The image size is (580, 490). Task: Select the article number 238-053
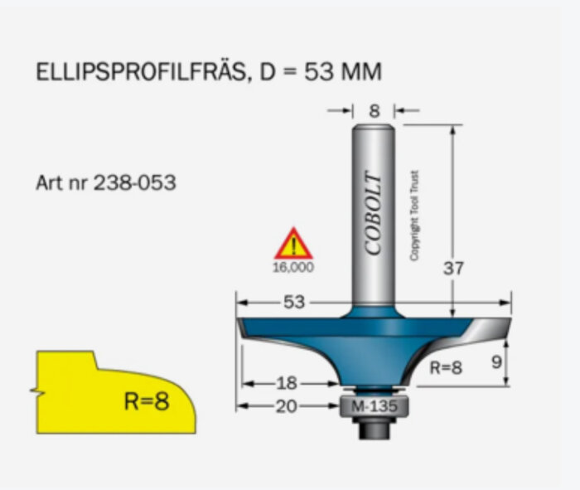pyautogui.click(x=135, y=182)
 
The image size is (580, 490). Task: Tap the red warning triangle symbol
pyautogui.click(x=294, y=244)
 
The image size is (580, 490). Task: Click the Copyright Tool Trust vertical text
pyautogui.click(x=414, y=215)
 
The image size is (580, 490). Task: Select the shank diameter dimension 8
pyautogui.click(x=375, y=109)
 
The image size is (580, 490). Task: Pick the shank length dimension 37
pyautogui.click(x=453, y=268)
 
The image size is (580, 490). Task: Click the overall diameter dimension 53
pyautogui.click(x=294, y=302)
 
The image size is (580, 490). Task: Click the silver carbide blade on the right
pyautogui.click(x=485, y=330)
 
